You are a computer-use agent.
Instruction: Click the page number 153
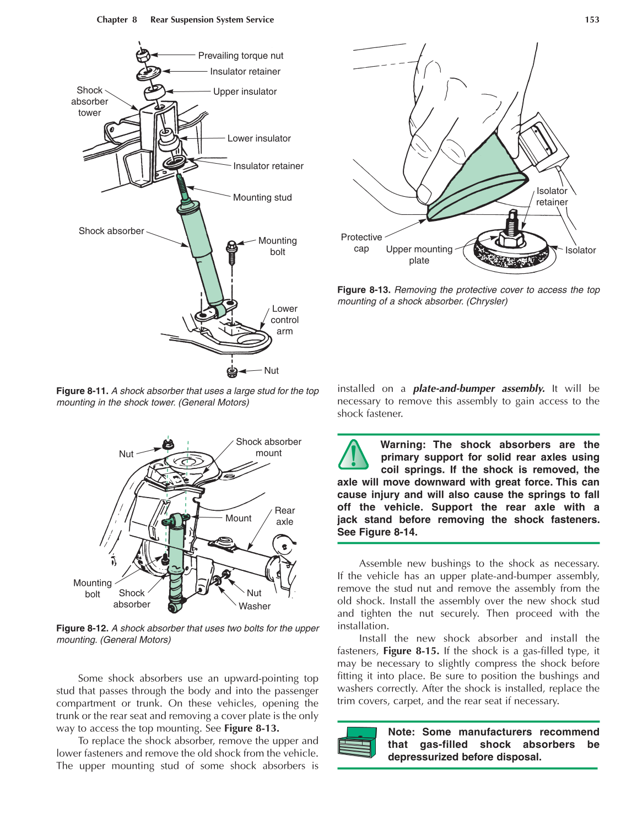[x=591, y=20]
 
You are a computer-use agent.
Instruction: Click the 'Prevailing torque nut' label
[x=240, y=56]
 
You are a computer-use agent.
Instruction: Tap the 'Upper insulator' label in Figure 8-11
[x=245, y=91]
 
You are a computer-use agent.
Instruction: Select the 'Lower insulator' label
[x=259, y=138]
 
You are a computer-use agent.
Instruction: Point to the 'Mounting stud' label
[x=262, y=197]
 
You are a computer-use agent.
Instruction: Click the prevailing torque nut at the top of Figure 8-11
[x=143, y=55]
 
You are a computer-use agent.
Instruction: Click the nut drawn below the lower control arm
[x=232, y=372]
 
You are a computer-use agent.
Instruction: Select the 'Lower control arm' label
[x=284, y=320]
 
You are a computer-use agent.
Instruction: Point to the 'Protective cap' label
[x=361, y=242]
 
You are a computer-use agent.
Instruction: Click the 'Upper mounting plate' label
[x=419, y=255]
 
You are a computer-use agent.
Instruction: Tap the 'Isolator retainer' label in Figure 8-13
[x=552, y=196]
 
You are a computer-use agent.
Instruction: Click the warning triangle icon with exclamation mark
[x=353, y=455]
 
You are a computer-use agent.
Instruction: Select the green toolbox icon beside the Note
[x=357, y=742]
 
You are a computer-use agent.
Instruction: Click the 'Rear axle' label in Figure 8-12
[x=284, y=516]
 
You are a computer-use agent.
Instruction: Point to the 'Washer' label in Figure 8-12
[x=255, y=606]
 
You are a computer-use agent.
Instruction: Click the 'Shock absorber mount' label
[x=268, y=447]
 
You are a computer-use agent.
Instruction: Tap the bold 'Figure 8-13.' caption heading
[x=364, y=290]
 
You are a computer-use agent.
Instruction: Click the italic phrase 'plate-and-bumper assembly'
[x=478, y=388]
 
